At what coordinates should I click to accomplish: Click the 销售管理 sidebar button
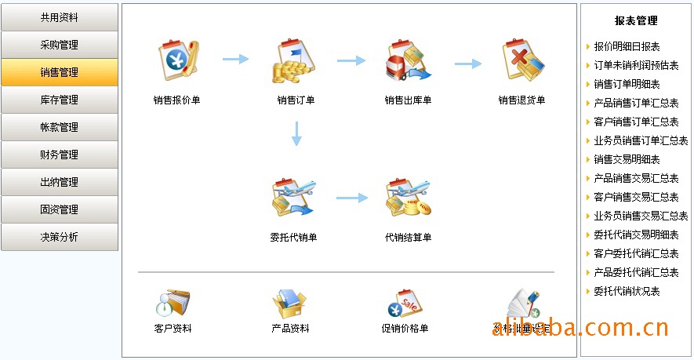60,72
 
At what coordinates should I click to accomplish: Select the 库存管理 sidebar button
60,100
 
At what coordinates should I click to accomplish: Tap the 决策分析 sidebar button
60,237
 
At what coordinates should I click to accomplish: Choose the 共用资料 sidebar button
60,17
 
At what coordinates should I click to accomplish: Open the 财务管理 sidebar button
60,155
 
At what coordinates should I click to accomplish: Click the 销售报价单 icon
177,61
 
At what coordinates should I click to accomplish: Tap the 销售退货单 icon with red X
522,61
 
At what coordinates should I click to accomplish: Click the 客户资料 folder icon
173,303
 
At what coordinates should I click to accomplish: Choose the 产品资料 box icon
289,303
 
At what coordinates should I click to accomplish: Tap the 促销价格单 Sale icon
405,303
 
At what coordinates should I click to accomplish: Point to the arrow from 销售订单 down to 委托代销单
296,133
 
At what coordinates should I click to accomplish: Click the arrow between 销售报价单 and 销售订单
235,59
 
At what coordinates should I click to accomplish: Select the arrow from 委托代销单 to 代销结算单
352,198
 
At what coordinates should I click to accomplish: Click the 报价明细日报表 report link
627,47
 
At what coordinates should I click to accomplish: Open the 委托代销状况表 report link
627,292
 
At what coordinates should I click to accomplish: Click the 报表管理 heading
636,21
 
